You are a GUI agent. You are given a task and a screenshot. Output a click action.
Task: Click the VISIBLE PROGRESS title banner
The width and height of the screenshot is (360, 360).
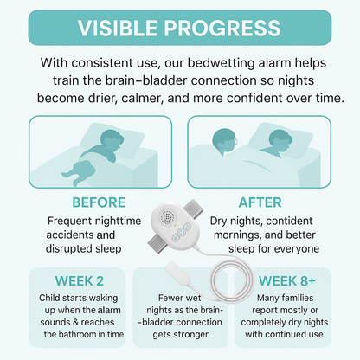(x=179, y=26)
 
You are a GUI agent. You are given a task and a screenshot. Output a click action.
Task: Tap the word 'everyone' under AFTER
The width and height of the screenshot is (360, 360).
(x=293, y=249)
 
